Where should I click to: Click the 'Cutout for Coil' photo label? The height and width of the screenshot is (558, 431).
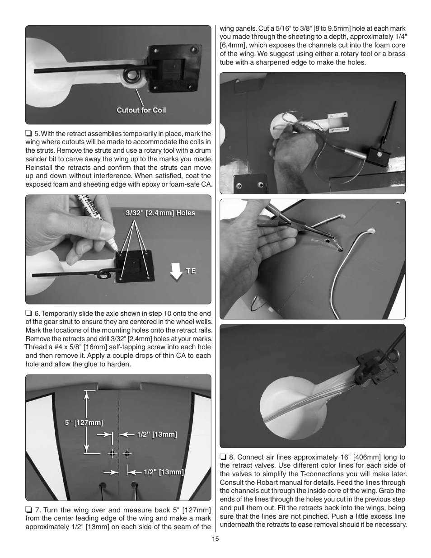coord(141,110)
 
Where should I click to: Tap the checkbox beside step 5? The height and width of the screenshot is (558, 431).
coord(28,134)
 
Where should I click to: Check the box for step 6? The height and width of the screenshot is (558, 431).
coord(28,314)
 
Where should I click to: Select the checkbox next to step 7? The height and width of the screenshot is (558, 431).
coord(28,510)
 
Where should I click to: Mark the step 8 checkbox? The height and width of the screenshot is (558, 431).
coord(223,457)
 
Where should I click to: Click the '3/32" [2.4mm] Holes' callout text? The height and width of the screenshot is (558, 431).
coord(160,213)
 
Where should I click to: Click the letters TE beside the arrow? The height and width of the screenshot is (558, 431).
coord(191,271)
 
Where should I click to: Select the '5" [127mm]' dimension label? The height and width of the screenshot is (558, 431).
coord(84,423)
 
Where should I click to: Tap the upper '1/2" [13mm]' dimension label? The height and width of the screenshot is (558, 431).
coord(157,435)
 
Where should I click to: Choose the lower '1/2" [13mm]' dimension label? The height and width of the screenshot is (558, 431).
coord(164,472)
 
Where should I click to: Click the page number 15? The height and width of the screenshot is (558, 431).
coord(215,539)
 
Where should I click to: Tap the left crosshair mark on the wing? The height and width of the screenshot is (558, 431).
coord(112,453)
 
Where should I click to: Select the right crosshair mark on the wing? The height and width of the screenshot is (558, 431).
coord(127,453)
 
